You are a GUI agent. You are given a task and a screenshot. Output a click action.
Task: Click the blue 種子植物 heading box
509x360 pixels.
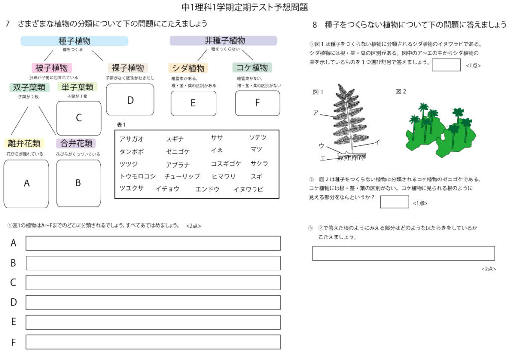click(75, 41)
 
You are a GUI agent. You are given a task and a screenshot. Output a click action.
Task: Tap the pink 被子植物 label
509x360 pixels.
click(52, 67)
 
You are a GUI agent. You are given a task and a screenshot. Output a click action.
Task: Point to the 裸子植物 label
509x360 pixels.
click(128, 67)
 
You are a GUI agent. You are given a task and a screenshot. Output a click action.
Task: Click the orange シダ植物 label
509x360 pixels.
click(188, 68)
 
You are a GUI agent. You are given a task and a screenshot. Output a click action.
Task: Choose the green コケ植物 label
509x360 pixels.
click(252, 67)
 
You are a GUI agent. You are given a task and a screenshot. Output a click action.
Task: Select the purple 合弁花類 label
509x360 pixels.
click(76, 143)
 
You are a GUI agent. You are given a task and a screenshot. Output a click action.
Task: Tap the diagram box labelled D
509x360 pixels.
click(130, 100)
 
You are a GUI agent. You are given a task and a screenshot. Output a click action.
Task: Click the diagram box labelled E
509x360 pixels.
click(193, 103)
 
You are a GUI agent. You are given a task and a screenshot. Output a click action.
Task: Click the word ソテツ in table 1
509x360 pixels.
click(258, 137)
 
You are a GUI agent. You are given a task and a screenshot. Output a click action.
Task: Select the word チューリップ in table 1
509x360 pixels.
click(182, 176)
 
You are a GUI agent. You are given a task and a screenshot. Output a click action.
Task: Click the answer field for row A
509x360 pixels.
click(153, 243)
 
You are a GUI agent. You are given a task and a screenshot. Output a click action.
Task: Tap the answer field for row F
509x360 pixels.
click(153, 342)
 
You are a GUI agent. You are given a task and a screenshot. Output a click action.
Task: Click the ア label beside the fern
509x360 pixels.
click(315, 113)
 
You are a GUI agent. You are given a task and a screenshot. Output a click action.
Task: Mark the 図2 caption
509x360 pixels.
click(401, 91)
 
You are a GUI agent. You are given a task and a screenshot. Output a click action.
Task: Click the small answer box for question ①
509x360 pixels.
click(446, 65)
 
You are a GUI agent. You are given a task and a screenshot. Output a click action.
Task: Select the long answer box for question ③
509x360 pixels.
click(403, 253)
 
